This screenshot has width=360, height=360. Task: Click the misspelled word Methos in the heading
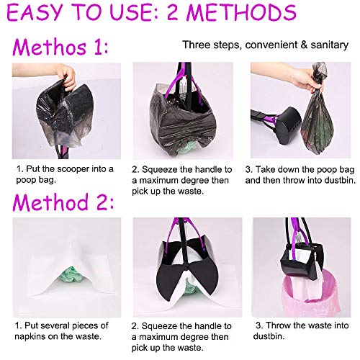pos(49,47)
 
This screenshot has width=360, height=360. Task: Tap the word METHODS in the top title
pos(241,12)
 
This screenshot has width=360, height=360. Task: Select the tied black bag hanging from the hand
pos(318,113)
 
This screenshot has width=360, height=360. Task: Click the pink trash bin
pos(312,294)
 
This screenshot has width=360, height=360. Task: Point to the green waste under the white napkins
pos(71,276)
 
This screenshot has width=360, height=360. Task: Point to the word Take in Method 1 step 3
pos(264,169)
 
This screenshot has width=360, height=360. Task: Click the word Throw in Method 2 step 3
pos(279,325)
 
